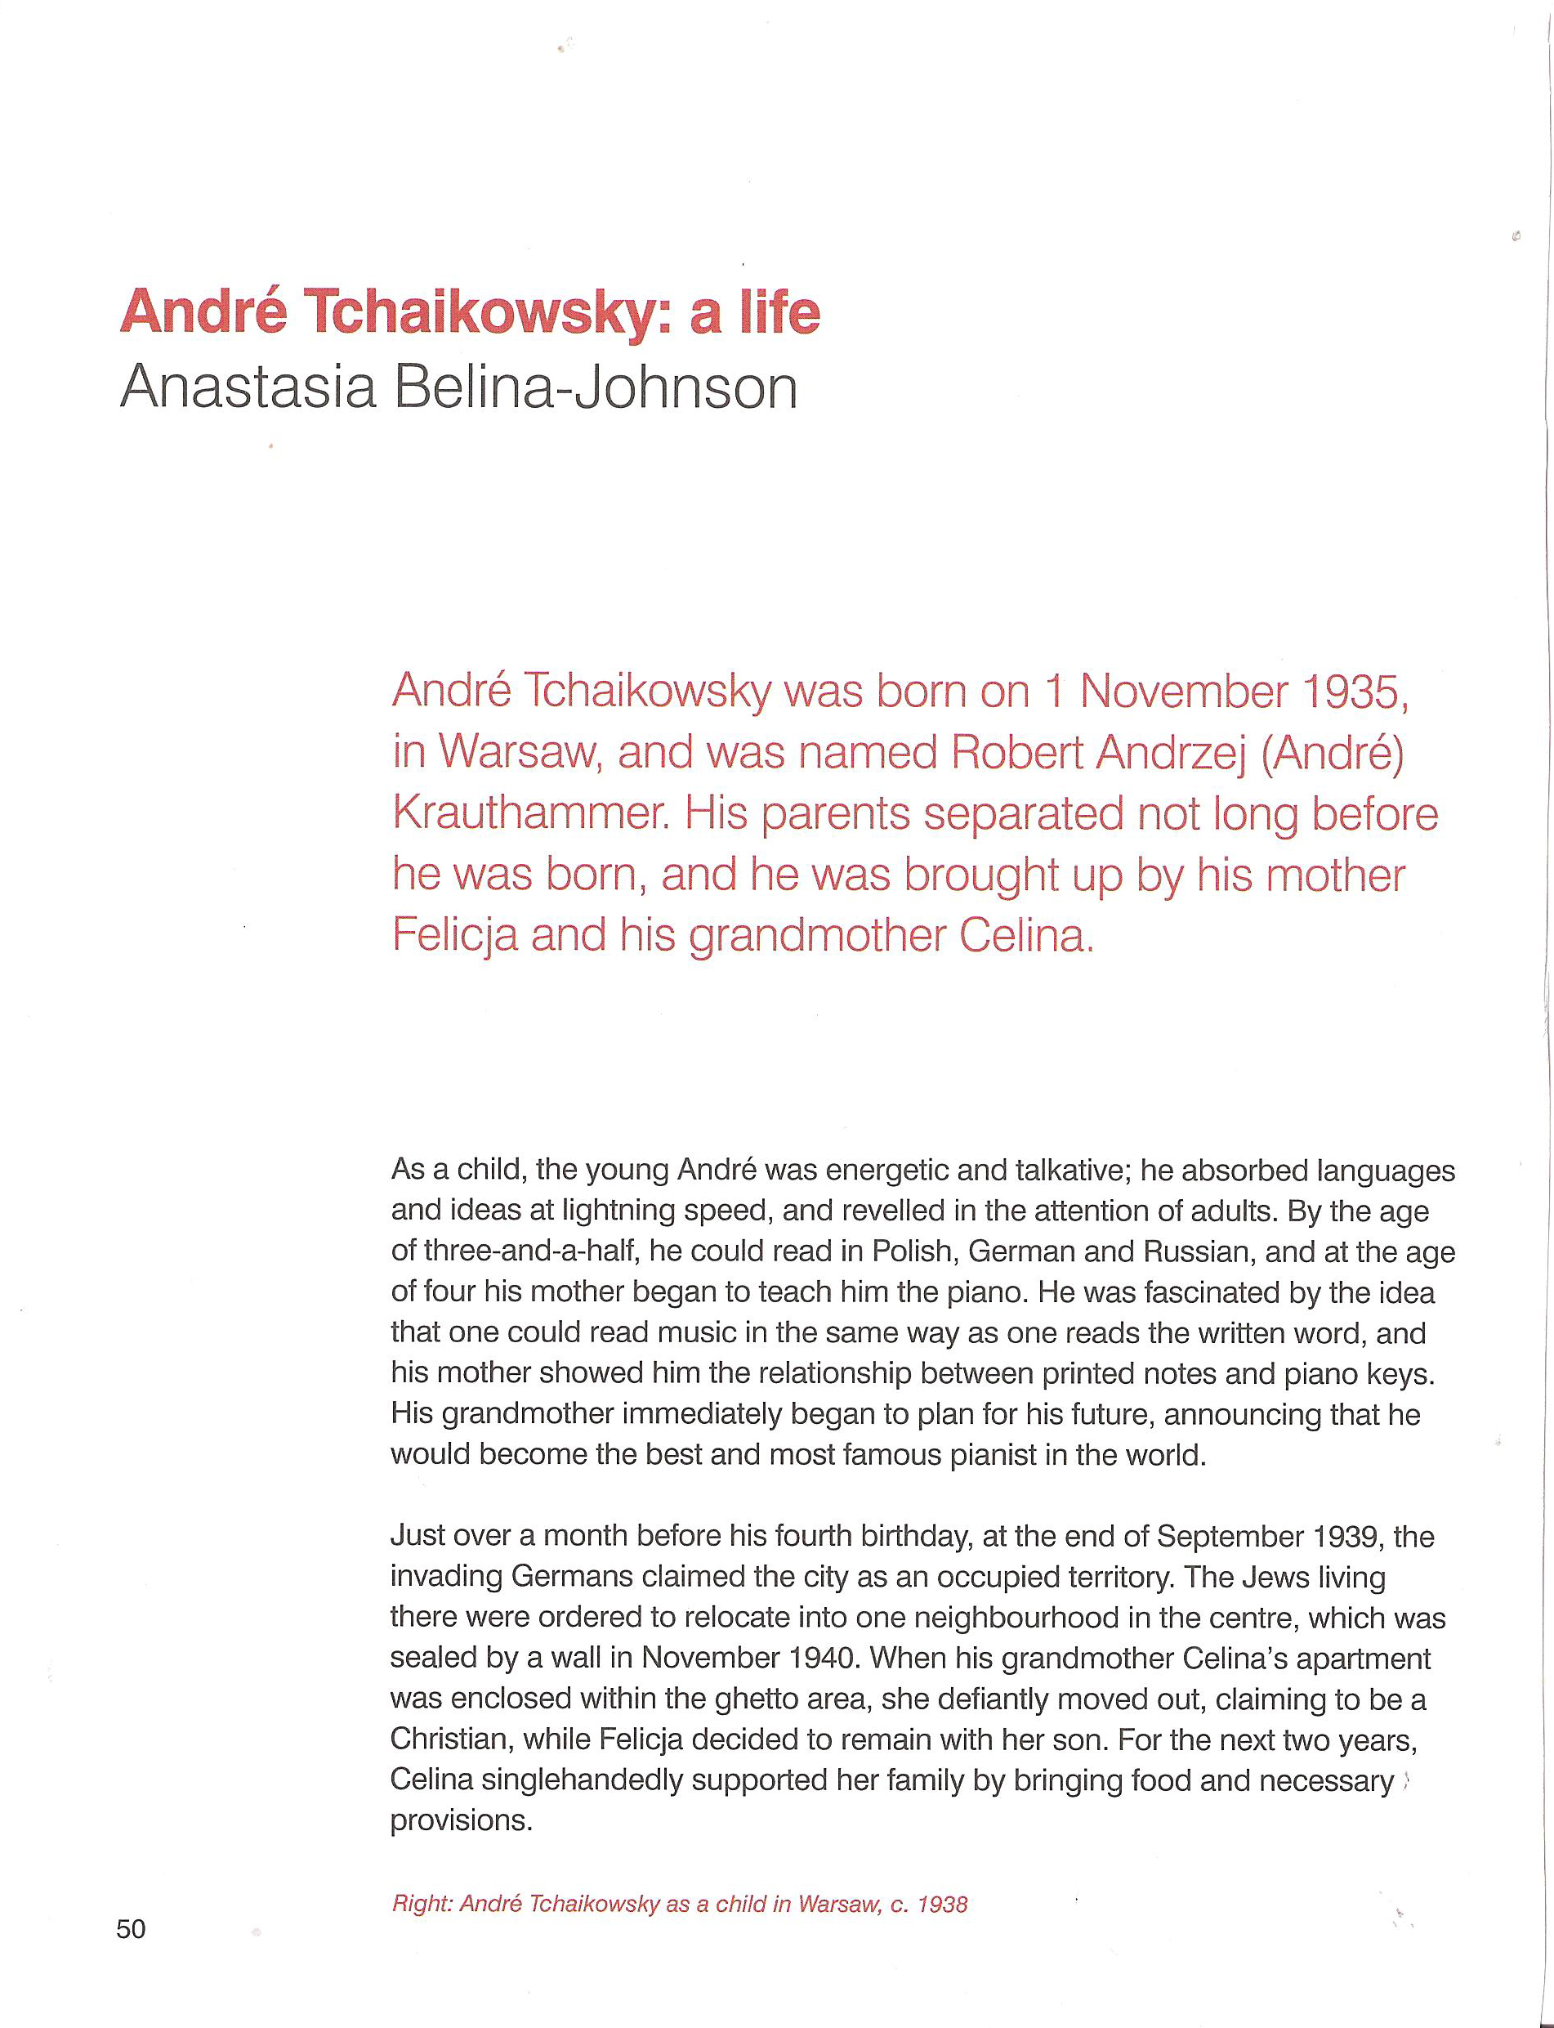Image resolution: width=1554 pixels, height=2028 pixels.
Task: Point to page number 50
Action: [x=131, y=1928]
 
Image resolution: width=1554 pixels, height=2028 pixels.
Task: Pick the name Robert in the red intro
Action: [x=1016, y=753]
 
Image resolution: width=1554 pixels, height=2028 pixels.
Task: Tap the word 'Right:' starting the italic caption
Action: [x=422, y=1904]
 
